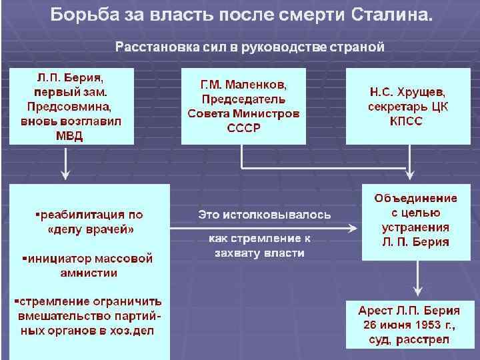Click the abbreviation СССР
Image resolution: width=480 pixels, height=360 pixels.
tap(243, 127)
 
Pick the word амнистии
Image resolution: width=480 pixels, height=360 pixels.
tap(91, 273)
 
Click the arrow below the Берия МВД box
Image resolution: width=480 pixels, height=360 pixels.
tap(65, 164)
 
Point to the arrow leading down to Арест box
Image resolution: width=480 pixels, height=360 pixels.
tap(416, 280)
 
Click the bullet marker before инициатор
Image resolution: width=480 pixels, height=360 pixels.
tap(25, 257)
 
